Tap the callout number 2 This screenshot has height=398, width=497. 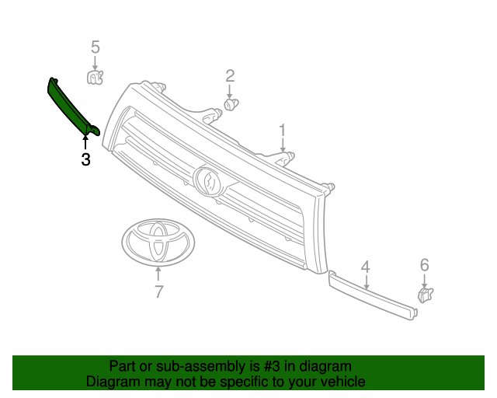230,75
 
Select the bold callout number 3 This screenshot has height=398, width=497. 85,160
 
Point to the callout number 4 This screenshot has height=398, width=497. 365,267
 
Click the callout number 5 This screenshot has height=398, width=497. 96,47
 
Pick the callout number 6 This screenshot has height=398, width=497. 425,265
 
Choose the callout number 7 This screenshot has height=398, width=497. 158,292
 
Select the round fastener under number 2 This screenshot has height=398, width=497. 231,103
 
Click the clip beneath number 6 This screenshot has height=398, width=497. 425,295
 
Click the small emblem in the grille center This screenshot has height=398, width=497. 209,180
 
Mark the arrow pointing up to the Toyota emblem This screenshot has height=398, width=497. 158,274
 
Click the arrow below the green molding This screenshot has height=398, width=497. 85,142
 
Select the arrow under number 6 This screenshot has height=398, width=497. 425,280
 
